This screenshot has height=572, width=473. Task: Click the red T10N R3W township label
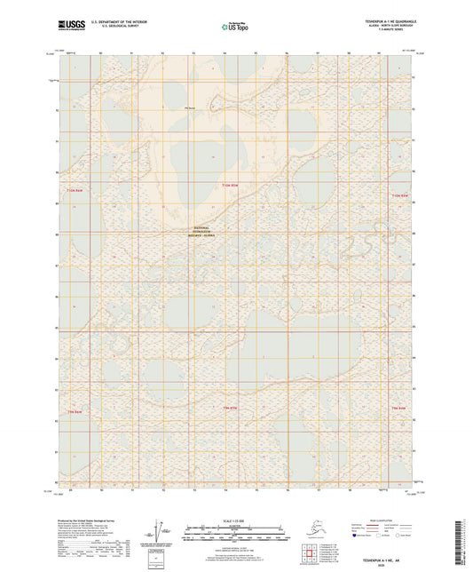pyautogui.click(x=230, y=185)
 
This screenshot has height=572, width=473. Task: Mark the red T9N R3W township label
pyautogui.click(x=232, y=406)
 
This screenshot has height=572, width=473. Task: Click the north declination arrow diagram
pyautogui.click(x=161, y=534)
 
